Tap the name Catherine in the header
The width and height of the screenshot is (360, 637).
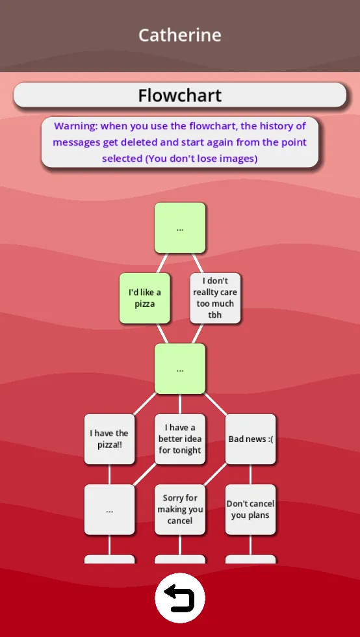[179, 35]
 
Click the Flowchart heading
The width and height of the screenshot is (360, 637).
[179, 96]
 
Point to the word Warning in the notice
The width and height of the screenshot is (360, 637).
[76, 126]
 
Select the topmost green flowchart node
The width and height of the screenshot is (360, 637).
[180, 228]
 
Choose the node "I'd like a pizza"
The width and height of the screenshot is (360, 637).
[145, 298]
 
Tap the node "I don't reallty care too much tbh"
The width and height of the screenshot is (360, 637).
[215, 298]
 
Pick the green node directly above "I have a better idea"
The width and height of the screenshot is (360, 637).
[180, 369]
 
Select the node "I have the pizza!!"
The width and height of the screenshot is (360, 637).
[109, 439]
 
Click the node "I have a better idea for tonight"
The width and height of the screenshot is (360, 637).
[180, 439]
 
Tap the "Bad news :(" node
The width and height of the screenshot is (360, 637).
[250, 439]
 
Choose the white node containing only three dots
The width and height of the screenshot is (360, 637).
[109, 510]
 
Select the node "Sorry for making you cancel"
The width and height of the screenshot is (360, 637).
[180, 510]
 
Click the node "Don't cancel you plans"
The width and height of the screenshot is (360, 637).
[250, 510]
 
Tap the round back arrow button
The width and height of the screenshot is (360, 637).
[180, 598]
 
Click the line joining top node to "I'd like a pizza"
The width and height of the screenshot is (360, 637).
[162, 263]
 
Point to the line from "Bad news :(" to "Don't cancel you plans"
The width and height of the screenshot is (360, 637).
[250, 474]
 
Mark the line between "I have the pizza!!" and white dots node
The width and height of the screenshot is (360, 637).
[109, 474]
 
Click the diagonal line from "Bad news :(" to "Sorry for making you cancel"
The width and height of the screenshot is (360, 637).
[215, 474]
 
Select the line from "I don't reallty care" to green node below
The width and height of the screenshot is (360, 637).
[198, 333]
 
